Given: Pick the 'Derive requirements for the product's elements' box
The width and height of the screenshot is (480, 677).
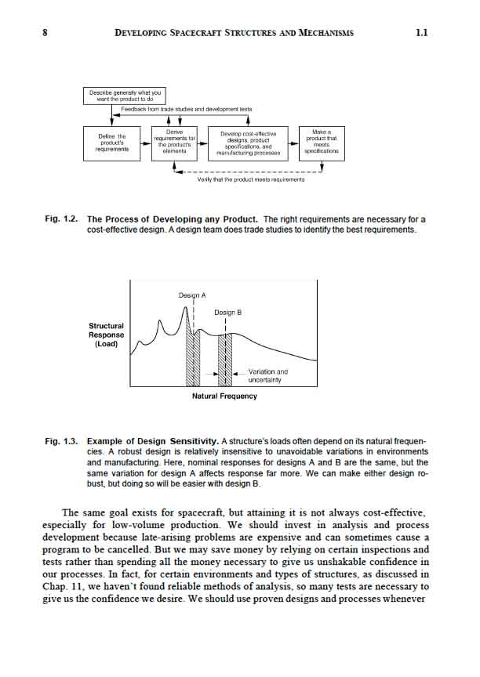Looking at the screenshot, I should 174,142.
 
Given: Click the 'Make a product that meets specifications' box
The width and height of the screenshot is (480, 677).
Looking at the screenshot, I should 322,142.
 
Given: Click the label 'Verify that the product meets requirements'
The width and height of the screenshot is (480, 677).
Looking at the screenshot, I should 251,179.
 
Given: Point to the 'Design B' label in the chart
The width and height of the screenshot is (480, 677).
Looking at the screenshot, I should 227,312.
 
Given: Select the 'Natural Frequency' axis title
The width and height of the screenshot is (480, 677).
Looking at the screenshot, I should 224,396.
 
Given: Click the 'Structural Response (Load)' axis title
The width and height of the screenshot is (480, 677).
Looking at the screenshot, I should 106,335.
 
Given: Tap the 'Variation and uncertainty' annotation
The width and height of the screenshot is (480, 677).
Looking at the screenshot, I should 267,375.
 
